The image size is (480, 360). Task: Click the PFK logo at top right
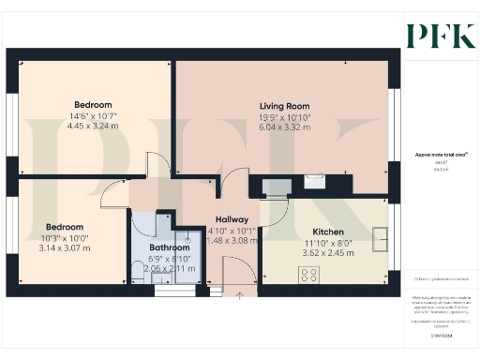click(x=441, y=35)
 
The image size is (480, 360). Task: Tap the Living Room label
click(x=285, y=106)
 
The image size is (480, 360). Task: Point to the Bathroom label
click(x=170, y=247)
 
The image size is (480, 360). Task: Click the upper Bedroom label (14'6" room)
click(x=94, y=104)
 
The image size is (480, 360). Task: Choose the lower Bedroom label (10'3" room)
click(x=65, y=227)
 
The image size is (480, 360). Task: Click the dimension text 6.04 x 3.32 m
click(x=285, y=127)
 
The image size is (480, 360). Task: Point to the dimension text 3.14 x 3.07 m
click(x=65, y=248)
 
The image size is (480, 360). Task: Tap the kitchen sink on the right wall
click(x=380, y=240)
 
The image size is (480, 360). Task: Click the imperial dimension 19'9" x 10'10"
click(x=285, y=116)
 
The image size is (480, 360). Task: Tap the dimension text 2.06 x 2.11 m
click(x=170, y=267)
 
